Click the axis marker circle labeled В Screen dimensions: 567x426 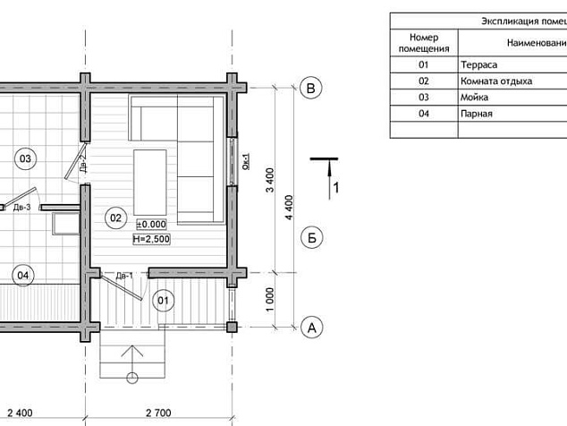pos(310,89)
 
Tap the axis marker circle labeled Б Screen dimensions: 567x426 pos(311,238)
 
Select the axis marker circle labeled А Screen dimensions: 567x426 pos(311,328)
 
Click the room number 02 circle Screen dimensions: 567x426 pos(115,217)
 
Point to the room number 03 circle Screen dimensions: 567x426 pos(25,158)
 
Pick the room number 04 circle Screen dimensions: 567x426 pos(22,276)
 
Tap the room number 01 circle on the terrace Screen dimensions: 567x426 pos(163,301)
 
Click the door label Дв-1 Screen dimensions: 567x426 pos(124,276)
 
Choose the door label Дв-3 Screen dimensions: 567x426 pos(22,208)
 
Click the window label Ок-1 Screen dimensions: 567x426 pos(246,162)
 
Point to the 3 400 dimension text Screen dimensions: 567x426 pos(270,180)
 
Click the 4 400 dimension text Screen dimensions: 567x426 pos(289,208)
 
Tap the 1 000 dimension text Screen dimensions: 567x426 pos(270,300)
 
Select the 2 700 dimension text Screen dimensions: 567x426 pos(158,413)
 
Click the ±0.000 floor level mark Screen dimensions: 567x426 pos(151,225)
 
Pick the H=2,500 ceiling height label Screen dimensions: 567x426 pos(151,239)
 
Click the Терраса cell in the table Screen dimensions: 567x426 pos(478,64)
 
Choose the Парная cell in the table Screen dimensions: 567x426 pos(477,114)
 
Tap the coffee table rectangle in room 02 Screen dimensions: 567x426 pos(150,183)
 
